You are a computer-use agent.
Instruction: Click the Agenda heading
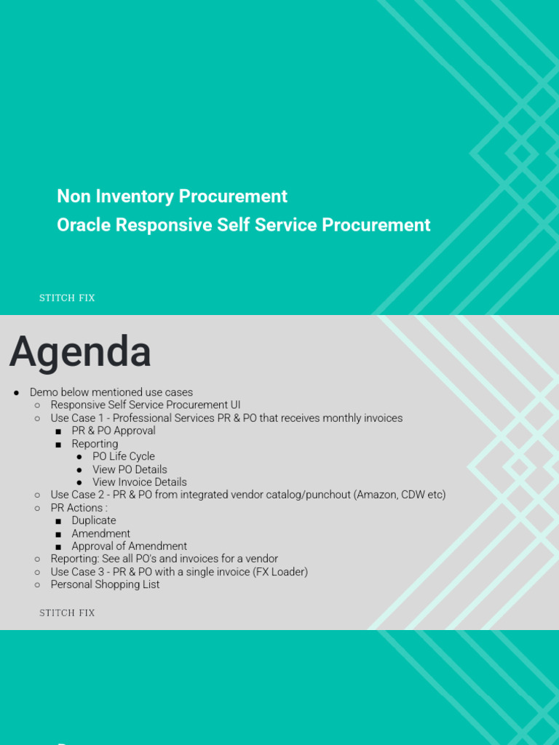pos(80,352)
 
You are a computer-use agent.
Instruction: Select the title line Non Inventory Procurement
pos(172,196)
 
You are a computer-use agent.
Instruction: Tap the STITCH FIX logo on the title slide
pos(67,298)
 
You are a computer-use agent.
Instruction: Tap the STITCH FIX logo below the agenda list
pos(67,613)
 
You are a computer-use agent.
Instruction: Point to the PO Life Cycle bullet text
pos(124,457)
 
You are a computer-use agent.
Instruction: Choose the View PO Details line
pos(130,469)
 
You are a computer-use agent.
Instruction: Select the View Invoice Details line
pos(139,482)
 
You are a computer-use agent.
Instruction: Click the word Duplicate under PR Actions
pos(94,521)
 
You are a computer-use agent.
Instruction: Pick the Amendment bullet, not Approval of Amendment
pos(100,533)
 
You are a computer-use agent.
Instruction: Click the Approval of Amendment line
pos(129,546)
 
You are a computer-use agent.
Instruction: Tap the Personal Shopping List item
pos(105,585)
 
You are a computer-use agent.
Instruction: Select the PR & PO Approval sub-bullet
pos(114,431)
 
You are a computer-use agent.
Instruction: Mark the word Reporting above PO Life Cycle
pos(95,444)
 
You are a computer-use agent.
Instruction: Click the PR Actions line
pos(79,508)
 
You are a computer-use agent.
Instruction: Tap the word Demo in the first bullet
pos(43,393)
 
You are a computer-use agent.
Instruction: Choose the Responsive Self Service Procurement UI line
pos(146,405)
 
